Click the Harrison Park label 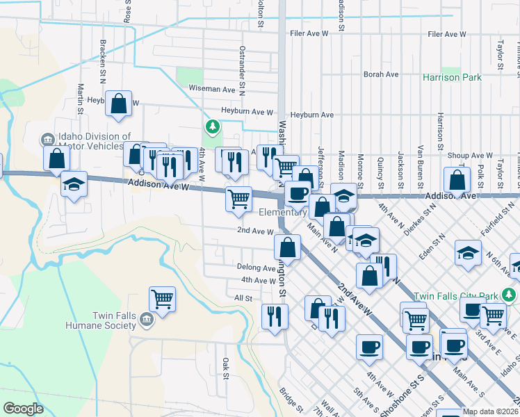(x=452, y=77)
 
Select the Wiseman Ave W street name (x=212, y=89)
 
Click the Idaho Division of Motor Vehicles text (x=95, y=141)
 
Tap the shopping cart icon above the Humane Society (x=162, y=300)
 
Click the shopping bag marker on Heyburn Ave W (x=119, y=103)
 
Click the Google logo (x=24, y=409)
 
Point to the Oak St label (x=226, y=368)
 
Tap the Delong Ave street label (x=256, y=268)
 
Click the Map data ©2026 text (x=490, y=411)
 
